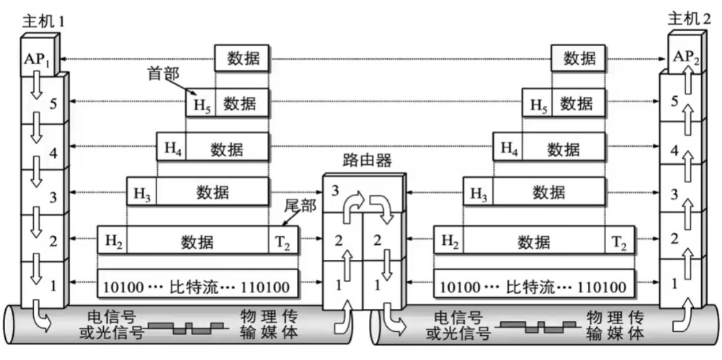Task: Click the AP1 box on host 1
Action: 38,58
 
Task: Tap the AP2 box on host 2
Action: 685,58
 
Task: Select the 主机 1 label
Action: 43,22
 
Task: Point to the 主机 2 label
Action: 689,18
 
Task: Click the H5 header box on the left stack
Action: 201,104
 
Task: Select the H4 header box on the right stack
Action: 508,148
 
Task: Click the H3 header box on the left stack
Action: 142,192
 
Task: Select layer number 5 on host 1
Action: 53,105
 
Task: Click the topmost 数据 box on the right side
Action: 579,58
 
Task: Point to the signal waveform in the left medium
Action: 188,327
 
